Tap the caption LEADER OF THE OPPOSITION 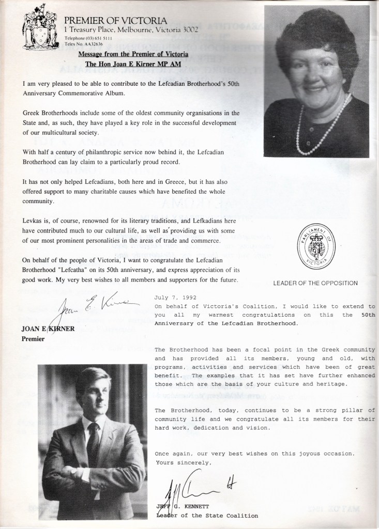tap(315, 283)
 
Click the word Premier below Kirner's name tap(33, 339)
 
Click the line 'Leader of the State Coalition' tap(206, 515)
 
